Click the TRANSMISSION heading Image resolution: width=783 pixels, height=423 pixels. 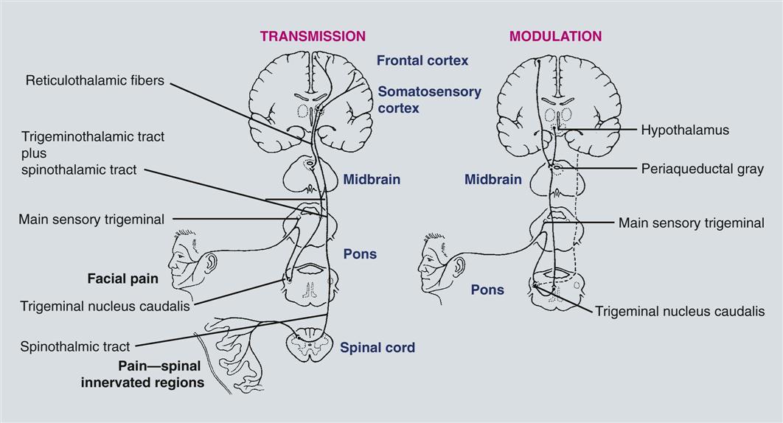tap(312, 35)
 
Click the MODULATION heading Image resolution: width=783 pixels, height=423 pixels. tap(556, 35)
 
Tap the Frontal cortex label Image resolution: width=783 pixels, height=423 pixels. tap(422, 60)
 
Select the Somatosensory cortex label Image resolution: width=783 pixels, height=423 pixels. tap(429, 99)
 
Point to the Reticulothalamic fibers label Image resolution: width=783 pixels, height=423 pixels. tap(95, 80)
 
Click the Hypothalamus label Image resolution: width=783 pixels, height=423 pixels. tap(685, 130)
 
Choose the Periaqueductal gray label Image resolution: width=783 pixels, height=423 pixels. tap(703, 168)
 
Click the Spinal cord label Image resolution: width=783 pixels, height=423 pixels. tap(377, 347)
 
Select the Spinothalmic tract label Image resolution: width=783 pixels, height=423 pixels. tap(75, 346)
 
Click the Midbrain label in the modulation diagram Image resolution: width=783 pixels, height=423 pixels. tap(493, 179)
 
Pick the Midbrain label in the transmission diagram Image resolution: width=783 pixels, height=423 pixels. tap(372, 179)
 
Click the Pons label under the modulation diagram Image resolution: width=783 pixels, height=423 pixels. tap(487, 290)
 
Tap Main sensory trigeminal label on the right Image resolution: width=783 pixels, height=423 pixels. tap(691, 223)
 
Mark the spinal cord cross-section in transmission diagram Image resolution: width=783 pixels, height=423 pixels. tap(308, 347)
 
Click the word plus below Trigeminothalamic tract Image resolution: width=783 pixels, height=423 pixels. tap(33, 153)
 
